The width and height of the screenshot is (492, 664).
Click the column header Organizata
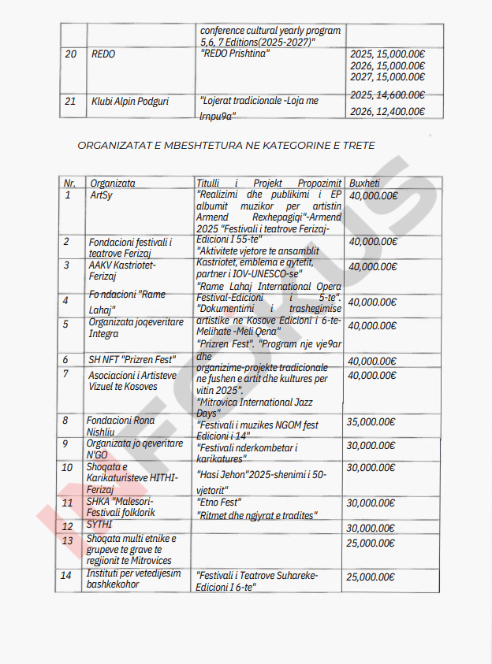(x=113, y=183)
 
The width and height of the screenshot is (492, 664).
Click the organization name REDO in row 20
(x=103, y=54)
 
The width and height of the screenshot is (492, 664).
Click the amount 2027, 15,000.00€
(x=387, y=77)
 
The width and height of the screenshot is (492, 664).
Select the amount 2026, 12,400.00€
(x=387, y=111)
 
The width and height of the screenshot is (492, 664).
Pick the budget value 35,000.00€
(x=371, y=421)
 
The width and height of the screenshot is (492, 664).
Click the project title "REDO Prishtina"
(x=236, y=54)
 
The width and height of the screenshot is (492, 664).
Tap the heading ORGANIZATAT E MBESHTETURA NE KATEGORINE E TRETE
(x=226, y=146)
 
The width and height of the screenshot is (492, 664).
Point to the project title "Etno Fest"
(x=218, y=503)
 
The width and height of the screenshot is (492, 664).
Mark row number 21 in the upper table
(x=70, y=101)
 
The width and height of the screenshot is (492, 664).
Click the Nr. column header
(x=69, y=183)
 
